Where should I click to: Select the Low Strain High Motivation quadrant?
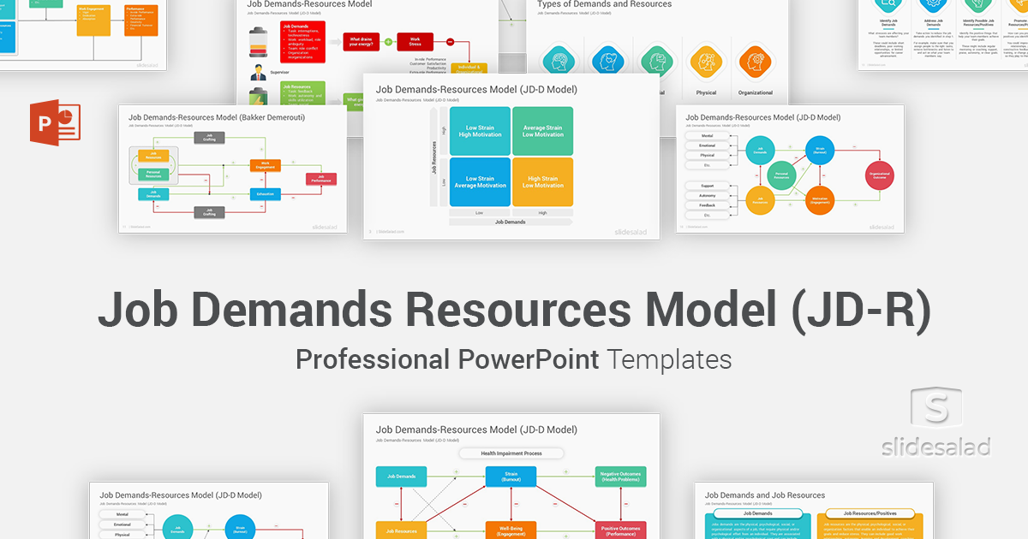pos(480,131)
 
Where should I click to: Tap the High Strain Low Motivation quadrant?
pos(542,181)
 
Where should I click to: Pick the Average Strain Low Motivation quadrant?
pos(542,131)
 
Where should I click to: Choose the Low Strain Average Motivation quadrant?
pos(480,181)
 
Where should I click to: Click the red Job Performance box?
pos(321,179)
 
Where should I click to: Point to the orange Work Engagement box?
pos(265,164)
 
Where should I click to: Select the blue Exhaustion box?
pos(265,194)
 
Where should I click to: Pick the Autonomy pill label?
pos(707,196)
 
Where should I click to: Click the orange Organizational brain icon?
pos(755,62)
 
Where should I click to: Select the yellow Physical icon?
pos(706,62)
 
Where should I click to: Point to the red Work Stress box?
pos(415,41)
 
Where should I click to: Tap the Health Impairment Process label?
pos(511,453)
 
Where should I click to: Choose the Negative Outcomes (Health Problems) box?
pos(621,477)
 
